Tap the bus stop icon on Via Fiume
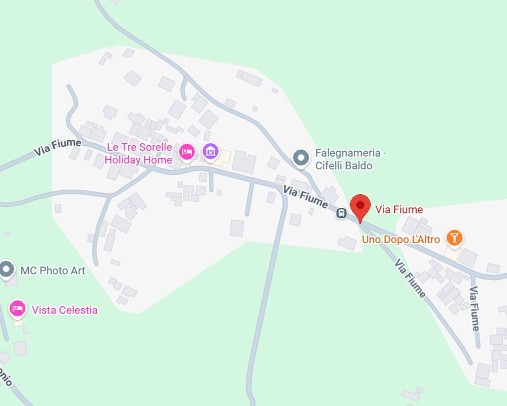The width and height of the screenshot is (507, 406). click(341, 213)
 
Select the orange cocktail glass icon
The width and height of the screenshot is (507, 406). click(454, 237)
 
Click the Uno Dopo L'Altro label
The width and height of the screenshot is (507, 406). click(400, 240)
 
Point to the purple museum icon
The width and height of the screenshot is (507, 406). click(210, 151)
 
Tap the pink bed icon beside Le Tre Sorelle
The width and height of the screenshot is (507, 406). click(187, 152)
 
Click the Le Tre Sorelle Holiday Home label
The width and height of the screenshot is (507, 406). click(139, 154)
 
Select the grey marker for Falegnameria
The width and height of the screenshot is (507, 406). click(301, 158)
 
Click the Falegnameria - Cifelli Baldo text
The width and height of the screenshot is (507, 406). click(351, 159)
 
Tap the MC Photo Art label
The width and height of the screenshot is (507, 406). click(53, 271)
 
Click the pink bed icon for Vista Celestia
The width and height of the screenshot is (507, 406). click(17, 309)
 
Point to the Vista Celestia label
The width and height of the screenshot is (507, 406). click(65, 310)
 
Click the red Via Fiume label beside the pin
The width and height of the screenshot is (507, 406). click(399, 210)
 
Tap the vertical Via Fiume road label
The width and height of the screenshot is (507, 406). click(474, 309)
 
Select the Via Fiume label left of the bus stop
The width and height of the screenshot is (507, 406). click(305, 196)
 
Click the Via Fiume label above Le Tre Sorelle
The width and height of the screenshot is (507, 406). click(57, 147)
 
